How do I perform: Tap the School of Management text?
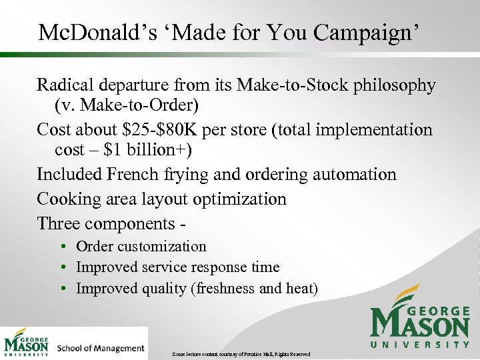101,348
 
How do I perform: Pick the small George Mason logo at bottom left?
27,343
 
